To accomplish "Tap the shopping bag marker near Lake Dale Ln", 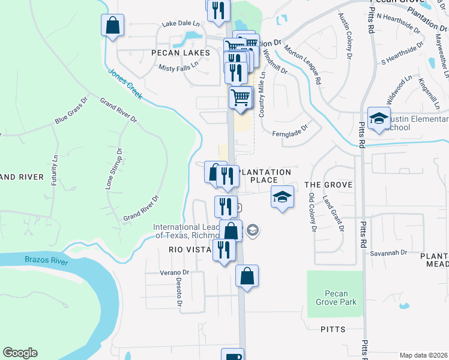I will click(x=112, y=26).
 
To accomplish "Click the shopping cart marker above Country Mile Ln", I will click(x=241, y=97).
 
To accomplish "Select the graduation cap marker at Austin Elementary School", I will click(x=379, y=118).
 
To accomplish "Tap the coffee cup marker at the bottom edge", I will click(x=232, y=355).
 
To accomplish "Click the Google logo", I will click(x=20, y=353).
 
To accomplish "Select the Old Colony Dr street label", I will click(x=312, y=212).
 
